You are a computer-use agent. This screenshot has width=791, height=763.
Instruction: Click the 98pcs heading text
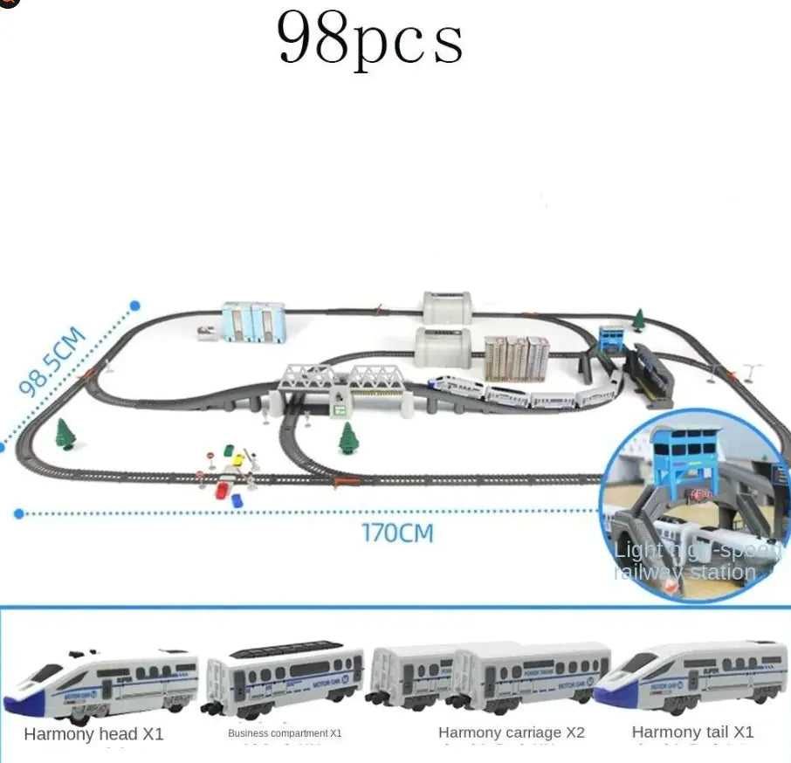click(369, 39)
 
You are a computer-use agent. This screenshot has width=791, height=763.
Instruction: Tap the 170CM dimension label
click(397, 532)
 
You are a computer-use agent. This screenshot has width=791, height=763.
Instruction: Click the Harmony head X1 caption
click(93, 734)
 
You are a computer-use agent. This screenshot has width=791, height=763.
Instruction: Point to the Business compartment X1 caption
click(285, 733)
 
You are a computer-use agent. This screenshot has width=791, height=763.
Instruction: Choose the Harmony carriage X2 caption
click(512, 732)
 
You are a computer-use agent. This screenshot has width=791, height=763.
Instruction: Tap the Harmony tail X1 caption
click(692, 732)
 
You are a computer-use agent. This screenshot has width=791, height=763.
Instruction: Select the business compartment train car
click(283, 678)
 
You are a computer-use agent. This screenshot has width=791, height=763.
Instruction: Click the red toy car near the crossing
click(222, 489)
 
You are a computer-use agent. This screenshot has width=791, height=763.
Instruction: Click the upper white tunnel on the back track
click(446, 308)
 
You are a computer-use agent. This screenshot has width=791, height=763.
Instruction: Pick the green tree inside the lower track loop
click(349, 437)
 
